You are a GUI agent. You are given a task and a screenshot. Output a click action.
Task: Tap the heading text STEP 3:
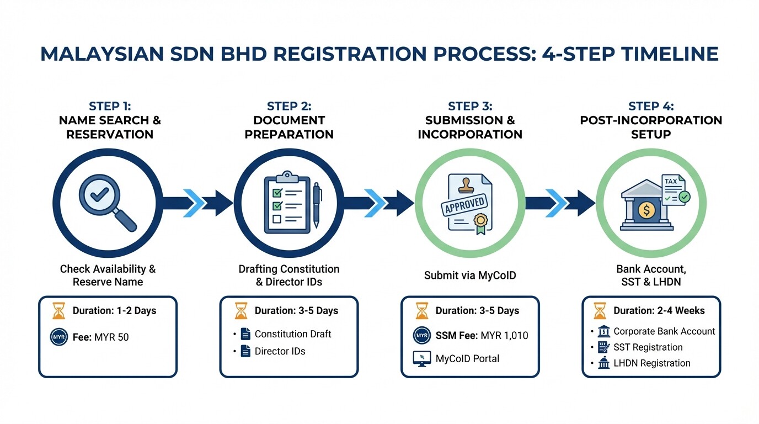(x=470, y=106)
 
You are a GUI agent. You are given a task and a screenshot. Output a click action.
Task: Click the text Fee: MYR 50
(x=100, y=337)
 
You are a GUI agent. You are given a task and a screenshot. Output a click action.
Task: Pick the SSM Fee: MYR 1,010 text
(x=482, y=335)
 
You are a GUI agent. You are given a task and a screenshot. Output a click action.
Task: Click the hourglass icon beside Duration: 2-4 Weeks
(x=600, y=311)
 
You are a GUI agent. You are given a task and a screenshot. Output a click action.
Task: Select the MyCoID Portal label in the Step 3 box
(x=467, y=358)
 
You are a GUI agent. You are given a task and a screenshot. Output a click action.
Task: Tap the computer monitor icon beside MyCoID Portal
(x=421, y=358)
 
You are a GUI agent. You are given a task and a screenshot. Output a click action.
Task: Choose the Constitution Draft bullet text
(x=292, y=334)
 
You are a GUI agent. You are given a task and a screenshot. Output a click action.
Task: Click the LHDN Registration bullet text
(x=651, y=363)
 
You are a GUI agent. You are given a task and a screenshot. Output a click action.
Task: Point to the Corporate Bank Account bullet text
(x=664, y=331)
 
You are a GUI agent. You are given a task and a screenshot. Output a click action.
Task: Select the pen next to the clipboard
(x=317, y=204)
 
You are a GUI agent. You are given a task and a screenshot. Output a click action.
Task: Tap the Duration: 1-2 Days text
(x=114, y=311)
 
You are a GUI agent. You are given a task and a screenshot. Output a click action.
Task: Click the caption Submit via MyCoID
(x=470, y=275)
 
